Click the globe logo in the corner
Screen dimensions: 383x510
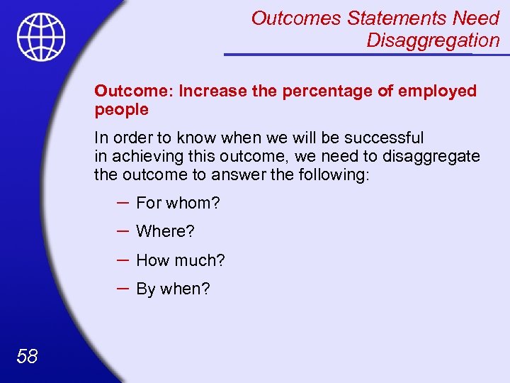(41, 37)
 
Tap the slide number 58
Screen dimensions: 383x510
(27, 355)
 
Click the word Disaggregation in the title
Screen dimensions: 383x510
(433, 40)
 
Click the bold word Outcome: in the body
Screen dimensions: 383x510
(134, 91)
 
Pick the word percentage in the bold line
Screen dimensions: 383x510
(314, 91)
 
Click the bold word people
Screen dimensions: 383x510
(121, 110)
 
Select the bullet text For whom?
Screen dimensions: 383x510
(178, 203)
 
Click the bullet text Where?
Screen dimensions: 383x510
(165, 231)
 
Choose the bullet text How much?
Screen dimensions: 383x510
(180, 260)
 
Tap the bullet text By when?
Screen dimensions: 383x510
(173, 289)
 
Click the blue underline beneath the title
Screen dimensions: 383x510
(361, 54)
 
